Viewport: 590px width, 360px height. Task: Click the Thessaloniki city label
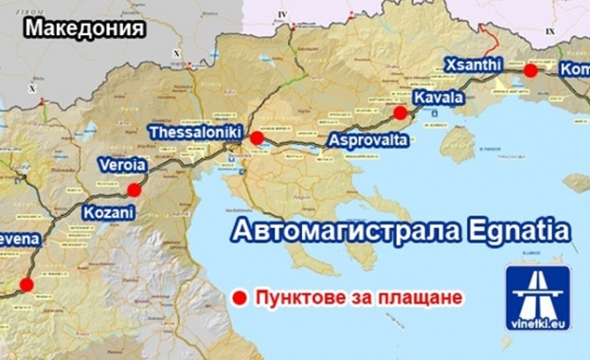(197, 133)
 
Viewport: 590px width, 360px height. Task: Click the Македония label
(84, 27)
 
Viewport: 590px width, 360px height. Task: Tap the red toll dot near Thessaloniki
(257, 138)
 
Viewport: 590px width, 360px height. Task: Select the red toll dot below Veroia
(134, 189)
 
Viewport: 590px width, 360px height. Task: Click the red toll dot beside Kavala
(401, 113)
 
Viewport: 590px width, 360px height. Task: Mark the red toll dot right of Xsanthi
(530, 70)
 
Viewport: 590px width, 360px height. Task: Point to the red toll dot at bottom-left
(27, 283)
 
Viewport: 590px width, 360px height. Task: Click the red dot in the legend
(240, 297)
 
